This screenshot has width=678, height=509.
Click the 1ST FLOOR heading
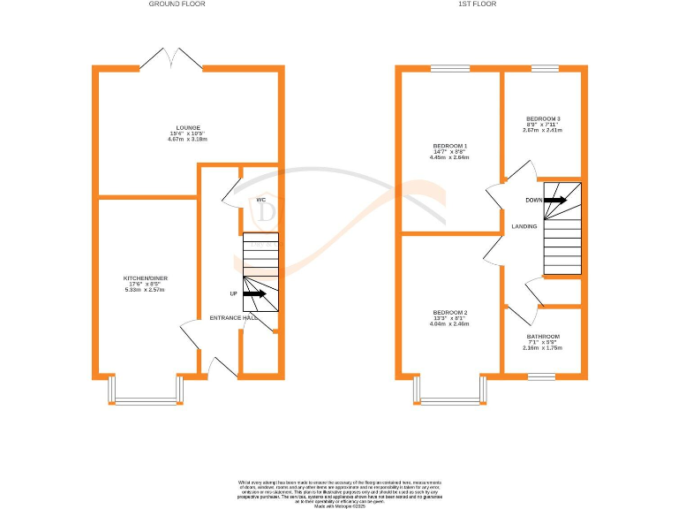477,4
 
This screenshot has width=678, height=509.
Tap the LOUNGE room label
187,127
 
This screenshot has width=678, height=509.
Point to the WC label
261,201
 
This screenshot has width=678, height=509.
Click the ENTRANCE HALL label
233,318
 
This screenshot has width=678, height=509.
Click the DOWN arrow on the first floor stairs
555,200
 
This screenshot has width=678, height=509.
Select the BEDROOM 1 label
449,146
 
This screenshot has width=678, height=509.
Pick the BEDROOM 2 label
449,313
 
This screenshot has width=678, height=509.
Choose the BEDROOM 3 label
543,119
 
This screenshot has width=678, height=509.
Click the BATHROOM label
542,337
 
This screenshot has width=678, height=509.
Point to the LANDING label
524,227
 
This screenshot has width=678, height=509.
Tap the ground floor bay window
146,396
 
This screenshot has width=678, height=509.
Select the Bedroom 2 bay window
449,396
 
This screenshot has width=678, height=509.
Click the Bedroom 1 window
449,68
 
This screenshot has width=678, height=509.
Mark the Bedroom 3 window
545,68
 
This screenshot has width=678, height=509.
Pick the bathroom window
541,376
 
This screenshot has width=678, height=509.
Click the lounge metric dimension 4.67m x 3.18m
187,140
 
